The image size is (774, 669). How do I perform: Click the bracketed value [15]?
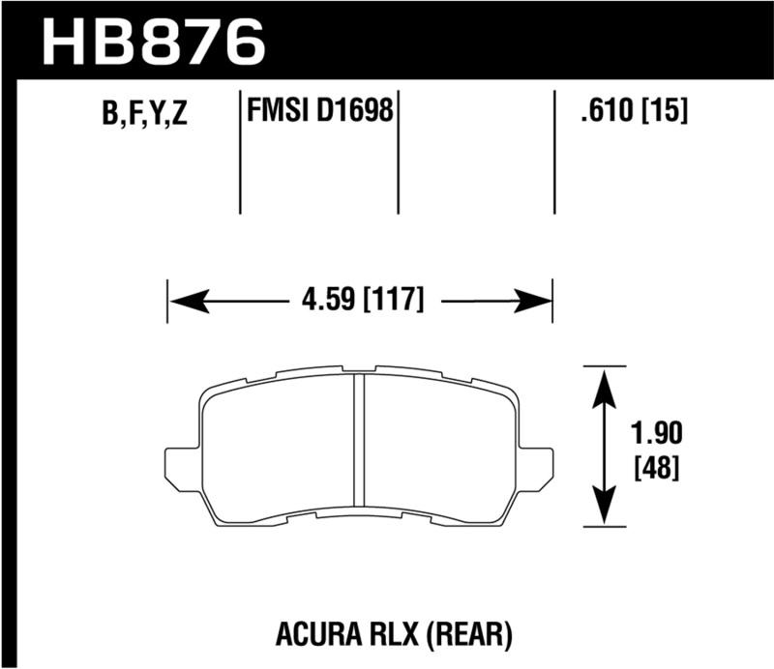click(x=664, y=114)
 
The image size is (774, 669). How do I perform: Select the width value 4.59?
click(x=324, y=300)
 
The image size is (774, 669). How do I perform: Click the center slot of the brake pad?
click(x=357, y=446)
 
